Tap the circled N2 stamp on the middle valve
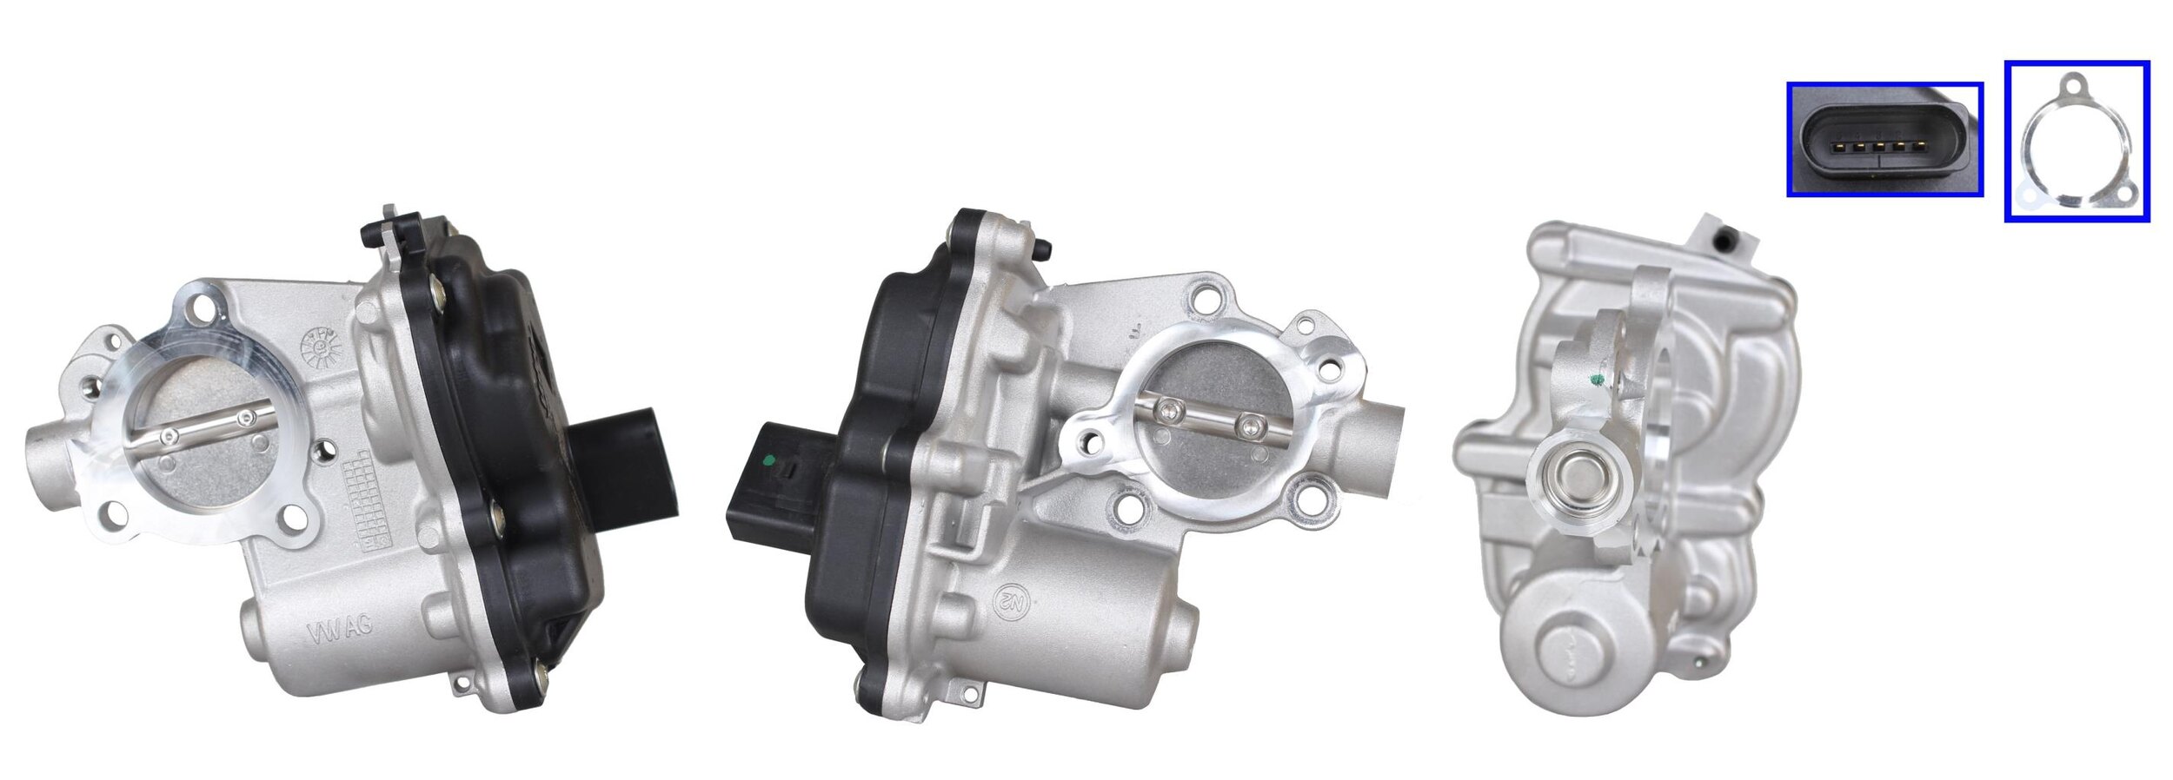pyautogui.click(x=1012, y=598)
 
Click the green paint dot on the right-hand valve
pyautogui.click(x=1595, y=380)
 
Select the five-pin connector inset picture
pyautogui.click(x=1884, y=139)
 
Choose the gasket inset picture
pyautogui.click(x=2077, y=141)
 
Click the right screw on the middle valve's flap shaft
pyautogui.click(x=1252, y=426)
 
